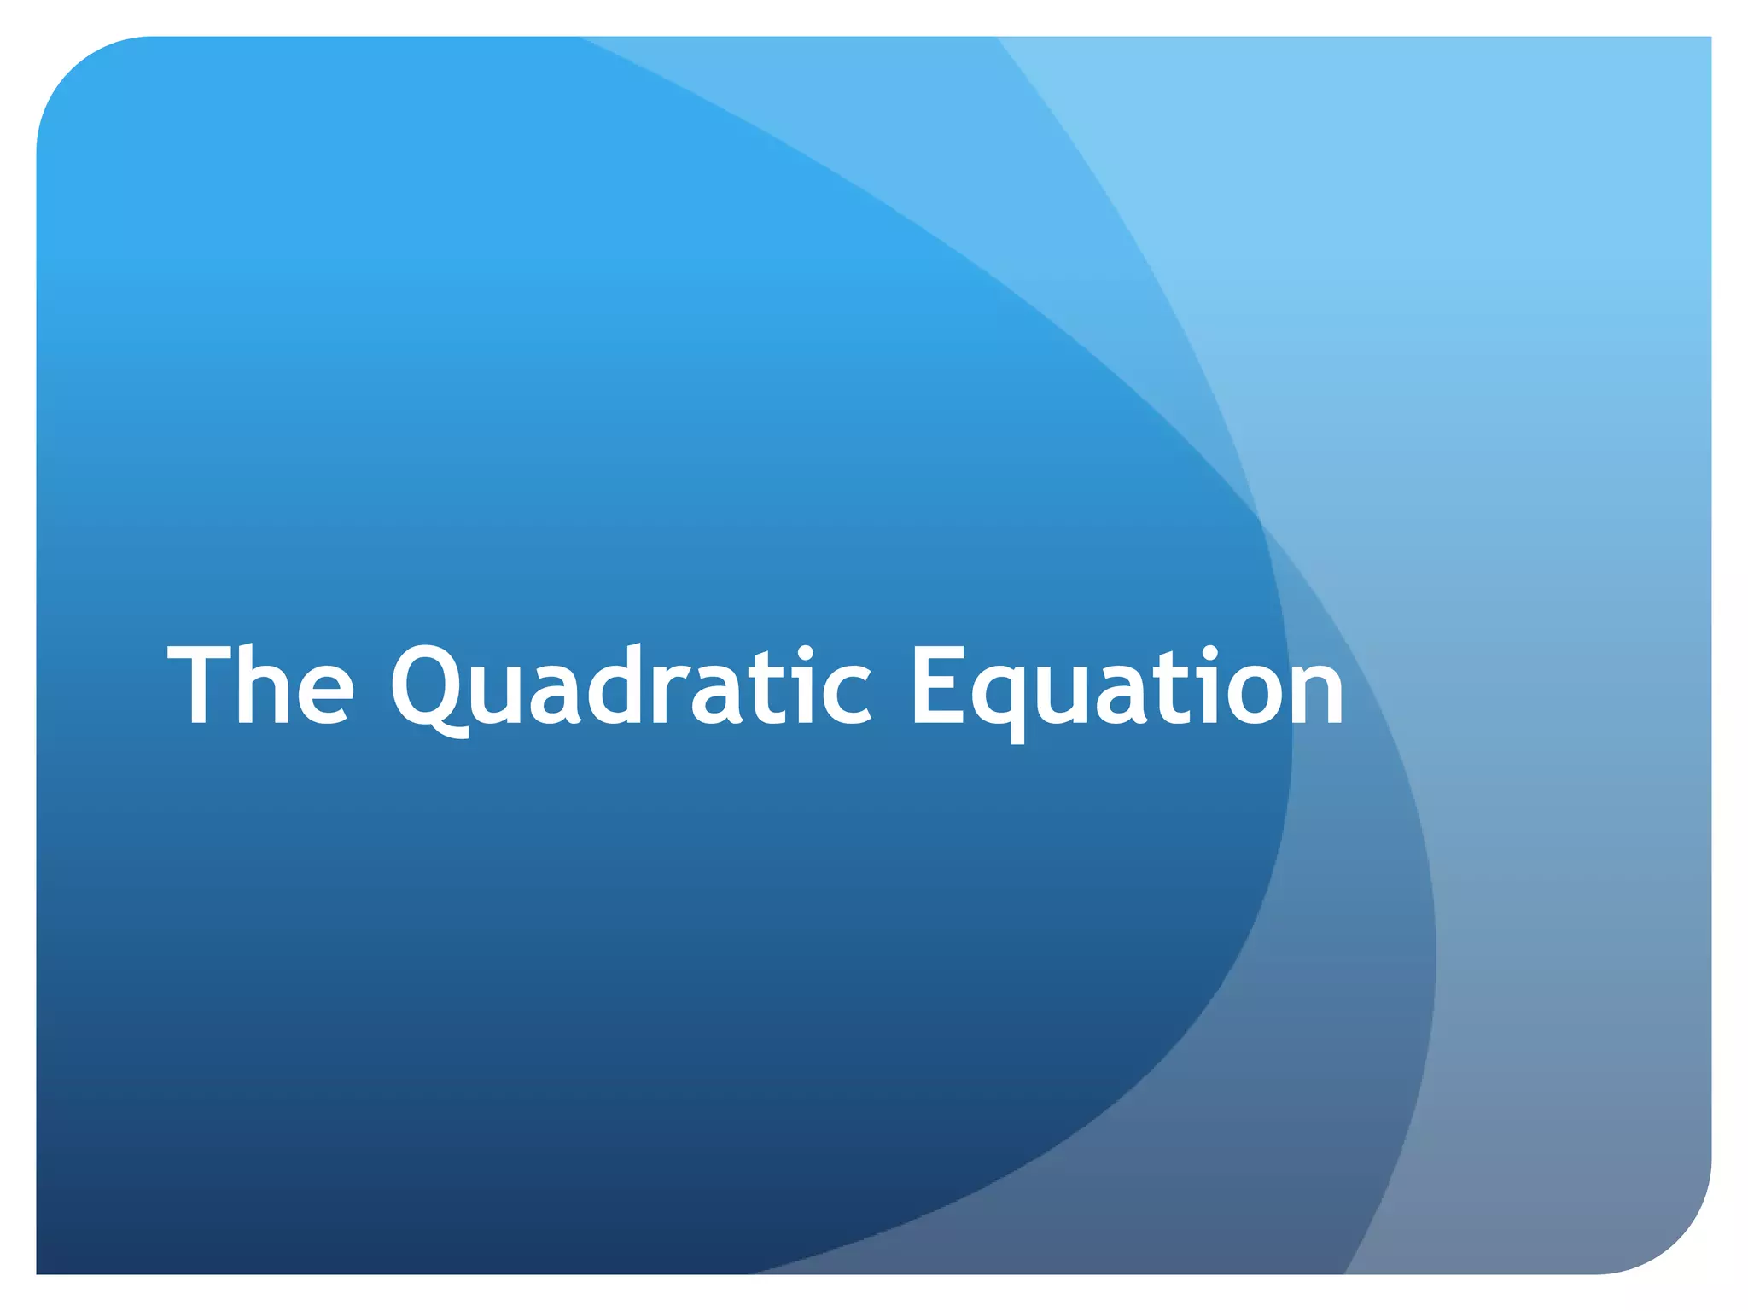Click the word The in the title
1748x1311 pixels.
pyautogui.click(x=260, y=685)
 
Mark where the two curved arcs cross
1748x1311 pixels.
pyautogui.click(x=1260, y=518)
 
